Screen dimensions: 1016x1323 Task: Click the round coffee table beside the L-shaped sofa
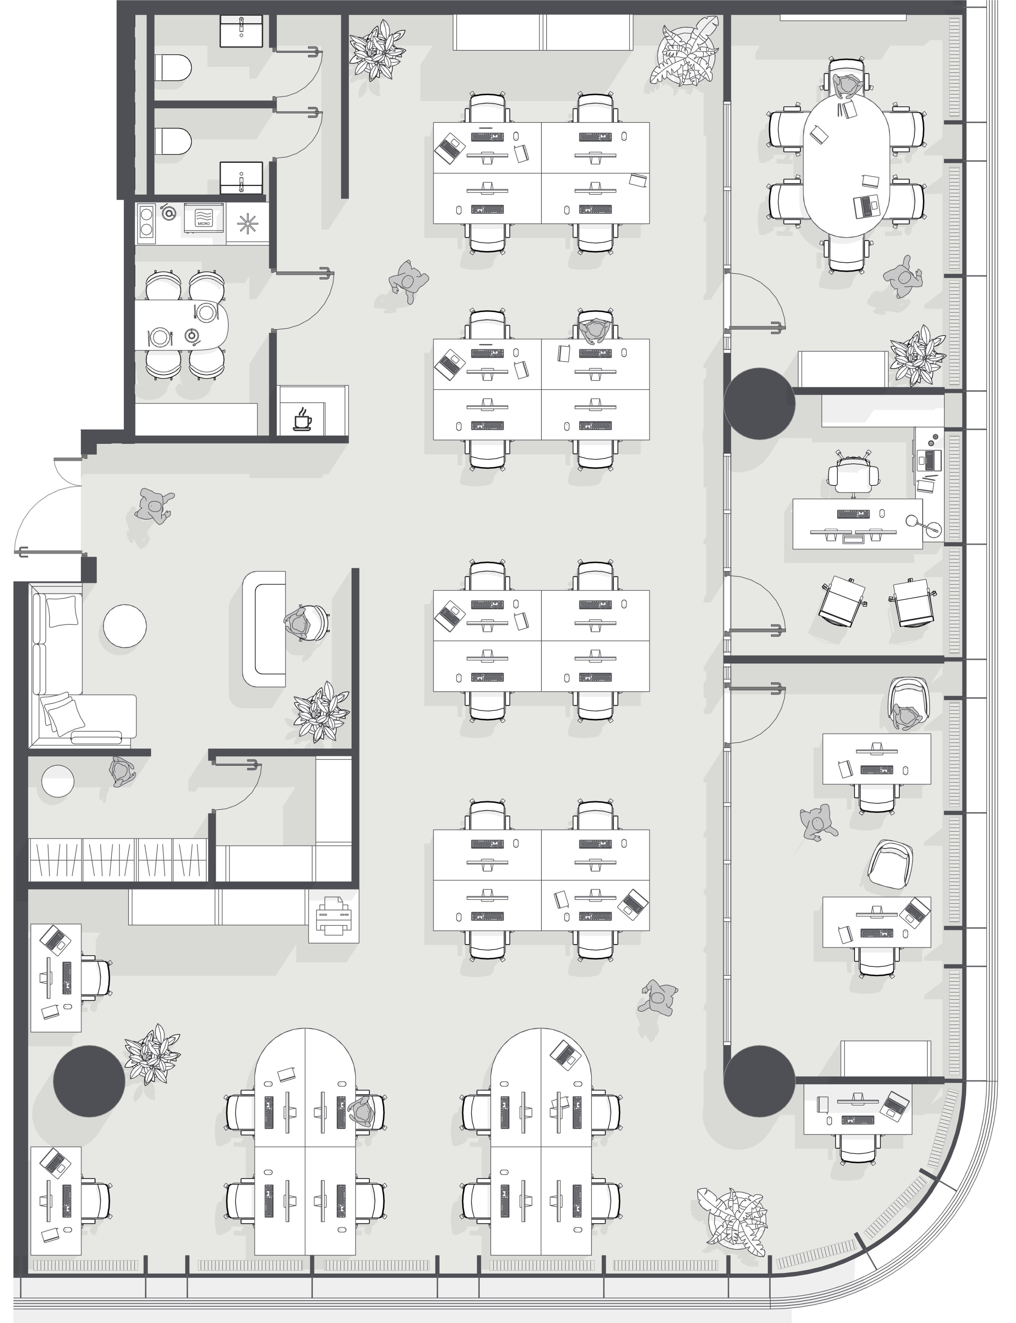tap(125, 626)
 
